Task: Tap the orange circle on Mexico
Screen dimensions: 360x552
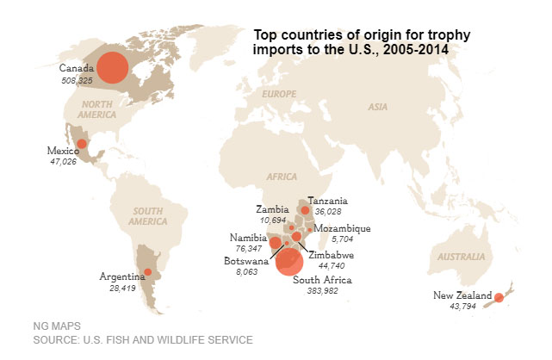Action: pos(82,145)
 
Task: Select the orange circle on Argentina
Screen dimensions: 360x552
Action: pos(147,272)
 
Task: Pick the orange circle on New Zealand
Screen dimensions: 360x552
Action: pos(499,298)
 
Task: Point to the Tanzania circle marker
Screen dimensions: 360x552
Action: pos(305,209)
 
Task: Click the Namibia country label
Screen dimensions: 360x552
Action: pos(249,238)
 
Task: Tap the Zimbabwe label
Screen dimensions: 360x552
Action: pos(332,255)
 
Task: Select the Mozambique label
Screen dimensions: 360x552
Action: pos(342,228)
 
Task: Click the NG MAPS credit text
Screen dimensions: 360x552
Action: pos(57,326)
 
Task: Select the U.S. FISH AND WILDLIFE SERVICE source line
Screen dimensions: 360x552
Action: pos(142,340)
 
